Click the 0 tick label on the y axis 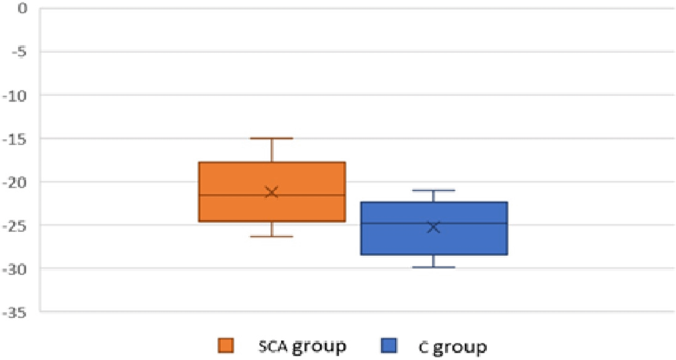[x=22, y=8]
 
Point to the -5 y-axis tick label [x=19, y=52]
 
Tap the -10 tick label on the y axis [x=15, y=96]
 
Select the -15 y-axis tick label [x=15, y=139]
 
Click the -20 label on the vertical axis [x=15, y=182]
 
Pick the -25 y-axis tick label [x=15, y=226]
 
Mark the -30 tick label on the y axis [x=15, y=269]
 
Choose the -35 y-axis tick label [x=15, y=312]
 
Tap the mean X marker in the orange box [x=272, y=192]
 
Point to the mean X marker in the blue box [x=434, y=227]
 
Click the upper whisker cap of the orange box [x=272, y=138]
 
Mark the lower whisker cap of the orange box [x=272, y=236]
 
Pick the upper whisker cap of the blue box [x=434, y=190]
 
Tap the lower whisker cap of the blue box [x=434, y=267]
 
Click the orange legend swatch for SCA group [x=226, y=345]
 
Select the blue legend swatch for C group [x=388, y=345]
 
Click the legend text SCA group [x=302, y=346]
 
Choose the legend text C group [x=453, y=347]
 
